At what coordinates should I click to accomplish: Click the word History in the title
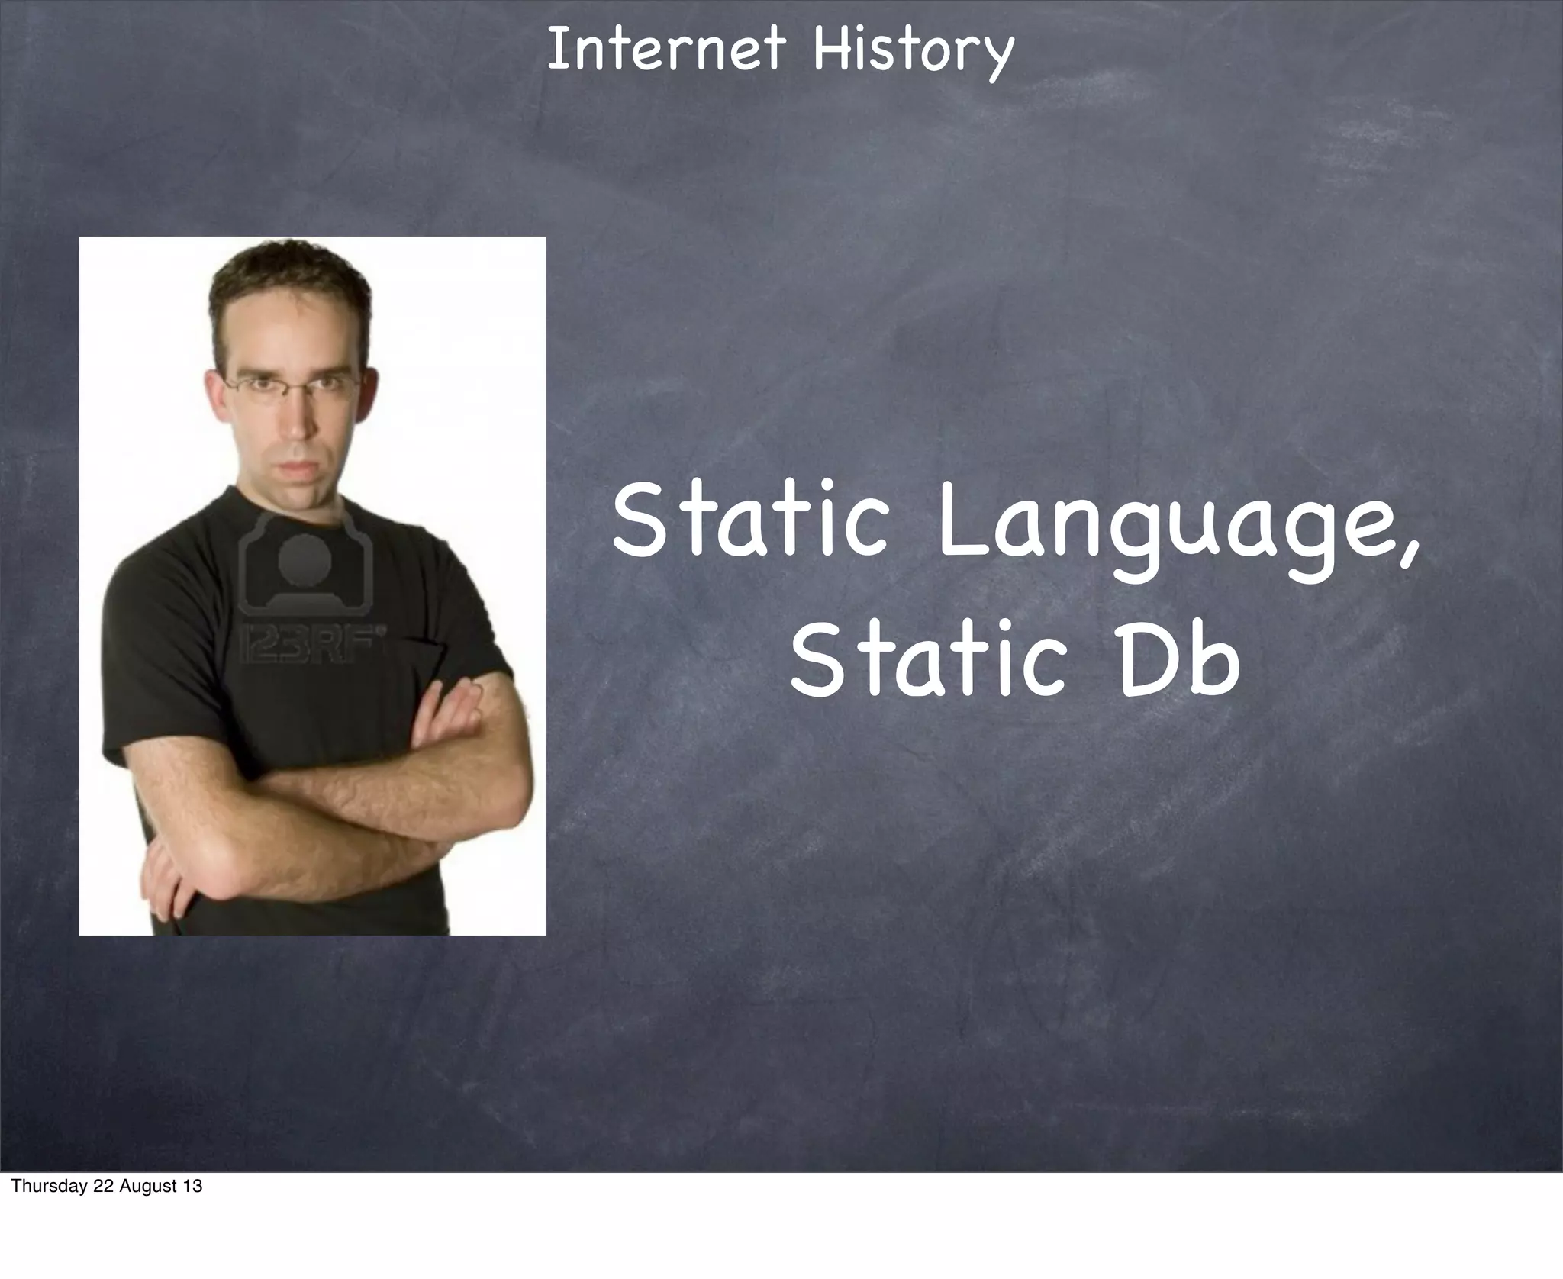tap(913, 50)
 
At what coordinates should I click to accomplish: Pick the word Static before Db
tap(927, 661)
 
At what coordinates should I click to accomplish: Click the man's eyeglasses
tap(290, 385)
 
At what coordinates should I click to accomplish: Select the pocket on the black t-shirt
tap(424, 656)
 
